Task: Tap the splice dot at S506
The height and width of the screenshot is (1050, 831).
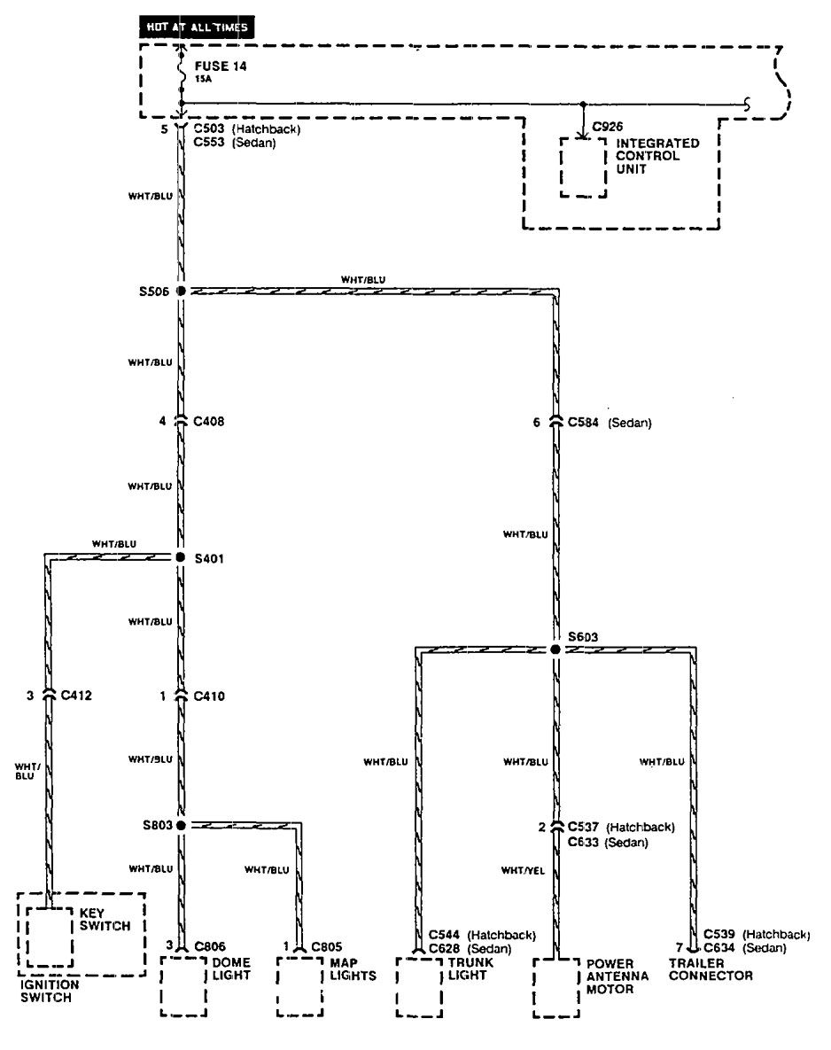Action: click(181, 291)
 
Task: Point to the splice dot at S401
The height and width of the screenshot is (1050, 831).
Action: click(181, 557)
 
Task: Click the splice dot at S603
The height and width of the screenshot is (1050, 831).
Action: click(555, 649)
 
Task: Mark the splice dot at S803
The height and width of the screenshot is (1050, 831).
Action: click(181, 825)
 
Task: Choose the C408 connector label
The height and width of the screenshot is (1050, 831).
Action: click(209, 422)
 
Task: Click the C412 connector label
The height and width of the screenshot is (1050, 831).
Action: click(76, 696)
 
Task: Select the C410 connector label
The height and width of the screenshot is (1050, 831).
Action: click(209, 696)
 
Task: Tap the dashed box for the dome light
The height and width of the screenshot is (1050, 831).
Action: click(183, 985)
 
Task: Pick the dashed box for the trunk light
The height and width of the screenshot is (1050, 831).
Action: click(419, 985)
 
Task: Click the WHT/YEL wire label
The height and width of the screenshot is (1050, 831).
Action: click(523, 871)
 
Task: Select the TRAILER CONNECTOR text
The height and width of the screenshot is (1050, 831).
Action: click(711, 969)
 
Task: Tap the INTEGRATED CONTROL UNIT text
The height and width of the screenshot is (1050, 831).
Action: click(657, 156)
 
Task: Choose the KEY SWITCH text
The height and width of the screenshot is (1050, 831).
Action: click(105, 919)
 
